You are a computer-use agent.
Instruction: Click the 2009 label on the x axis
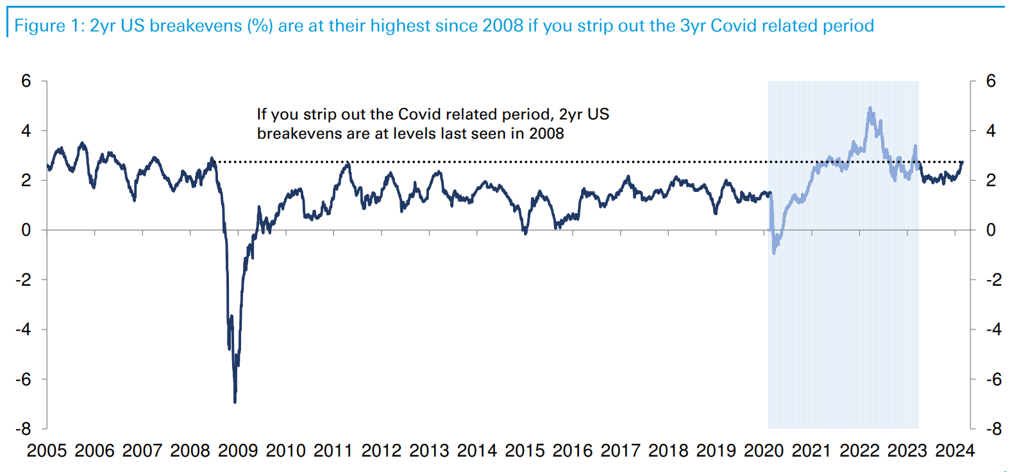(238, 451)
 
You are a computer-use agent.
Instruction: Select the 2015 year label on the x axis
(525, 451)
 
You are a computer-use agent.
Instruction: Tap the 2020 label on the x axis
(764, 451)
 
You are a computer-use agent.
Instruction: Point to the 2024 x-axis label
(955, 451)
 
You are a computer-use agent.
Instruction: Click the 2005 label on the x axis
(47, 451)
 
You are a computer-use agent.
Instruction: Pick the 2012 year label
(381, 451)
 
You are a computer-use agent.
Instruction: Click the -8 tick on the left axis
(24, 429)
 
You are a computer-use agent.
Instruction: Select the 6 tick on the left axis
(26, 81)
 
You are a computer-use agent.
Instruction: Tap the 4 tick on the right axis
(991, 131)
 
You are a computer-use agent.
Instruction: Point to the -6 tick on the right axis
(993, 380)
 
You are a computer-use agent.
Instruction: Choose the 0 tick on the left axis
(26, 230)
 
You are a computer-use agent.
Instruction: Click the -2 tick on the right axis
(993, 280)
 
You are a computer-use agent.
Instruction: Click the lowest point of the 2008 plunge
(235, 402)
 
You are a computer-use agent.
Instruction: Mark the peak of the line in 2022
(870, 108)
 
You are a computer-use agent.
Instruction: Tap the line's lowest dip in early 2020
(774, 252)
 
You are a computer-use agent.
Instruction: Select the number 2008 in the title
(503, 26)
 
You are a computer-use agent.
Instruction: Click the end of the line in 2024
(962, 162)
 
